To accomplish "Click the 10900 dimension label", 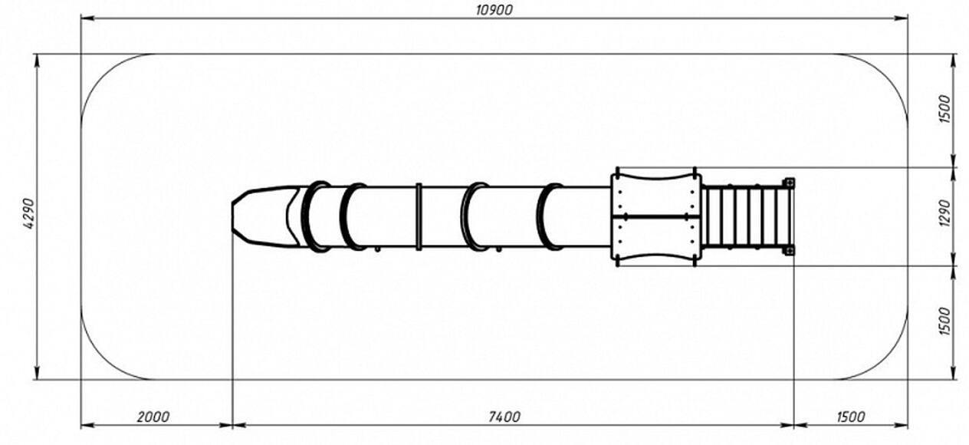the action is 494,10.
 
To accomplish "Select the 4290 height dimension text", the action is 29,213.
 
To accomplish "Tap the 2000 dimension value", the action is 153,417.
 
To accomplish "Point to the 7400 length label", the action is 504,417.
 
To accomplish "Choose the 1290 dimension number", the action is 945,213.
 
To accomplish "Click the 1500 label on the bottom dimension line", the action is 850,417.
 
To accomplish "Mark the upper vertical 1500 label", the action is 945,109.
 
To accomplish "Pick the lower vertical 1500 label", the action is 945,321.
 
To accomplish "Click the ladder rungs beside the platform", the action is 744,216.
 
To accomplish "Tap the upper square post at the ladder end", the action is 790,183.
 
